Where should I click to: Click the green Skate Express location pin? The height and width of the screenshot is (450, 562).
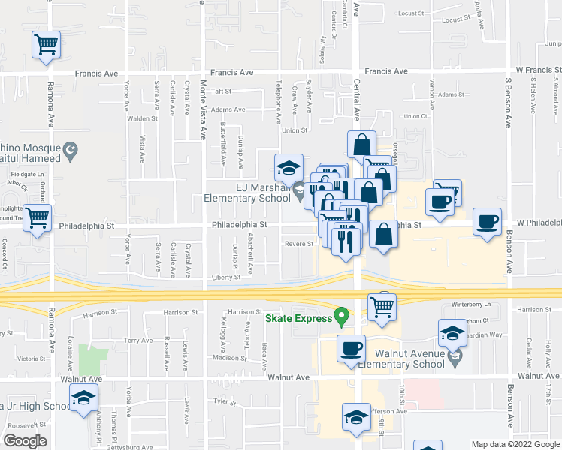[343, 316]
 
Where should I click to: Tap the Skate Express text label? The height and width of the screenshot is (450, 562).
[298, 319]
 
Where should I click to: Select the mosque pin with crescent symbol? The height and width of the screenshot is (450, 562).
[71, 151]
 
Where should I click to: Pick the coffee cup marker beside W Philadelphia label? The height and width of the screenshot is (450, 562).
[488, 222]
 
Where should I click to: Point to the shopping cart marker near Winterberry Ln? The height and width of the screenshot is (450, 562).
[382, 306]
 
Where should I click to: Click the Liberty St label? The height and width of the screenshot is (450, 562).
[225, 277]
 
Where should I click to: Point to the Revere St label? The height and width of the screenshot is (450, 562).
[298, 243]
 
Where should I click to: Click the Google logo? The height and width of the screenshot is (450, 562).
[25, 441]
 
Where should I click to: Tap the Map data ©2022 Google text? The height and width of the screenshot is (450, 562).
[515, 444]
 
